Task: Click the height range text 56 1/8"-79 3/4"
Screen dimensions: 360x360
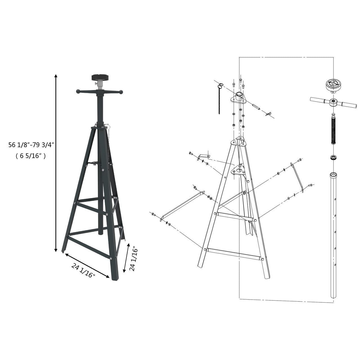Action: click(31, 145)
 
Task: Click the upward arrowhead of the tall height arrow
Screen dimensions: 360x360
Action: click(56, 76)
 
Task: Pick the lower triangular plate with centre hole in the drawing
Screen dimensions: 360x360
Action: click(238, 171)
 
